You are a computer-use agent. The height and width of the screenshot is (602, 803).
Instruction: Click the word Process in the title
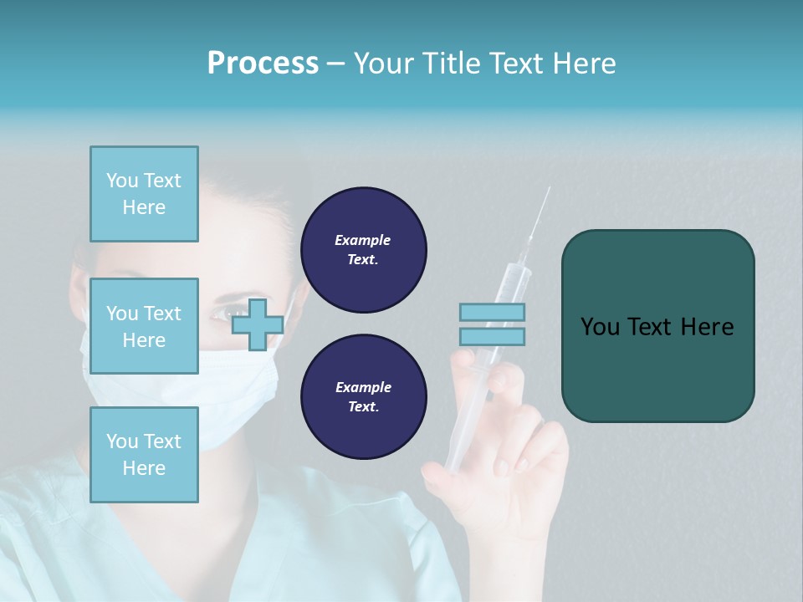point(263,64)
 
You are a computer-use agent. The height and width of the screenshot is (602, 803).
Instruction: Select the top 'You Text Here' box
point(144,194)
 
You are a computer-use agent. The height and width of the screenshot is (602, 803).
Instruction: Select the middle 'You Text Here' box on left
point(144,326)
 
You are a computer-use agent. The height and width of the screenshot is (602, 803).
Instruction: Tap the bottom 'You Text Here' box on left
point(144,454)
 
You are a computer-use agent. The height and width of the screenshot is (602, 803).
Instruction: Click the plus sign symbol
point(257,324)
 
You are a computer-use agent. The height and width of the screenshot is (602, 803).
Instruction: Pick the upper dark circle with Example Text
point(363,250)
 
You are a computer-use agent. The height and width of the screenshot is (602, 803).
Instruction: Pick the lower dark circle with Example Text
point(363,397)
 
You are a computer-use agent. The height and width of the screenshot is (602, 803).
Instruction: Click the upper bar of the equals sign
point(492,312)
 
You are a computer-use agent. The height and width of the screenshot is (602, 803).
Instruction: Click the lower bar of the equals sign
point(492,337)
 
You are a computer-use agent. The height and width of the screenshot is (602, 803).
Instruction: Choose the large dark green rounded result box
point(657,326)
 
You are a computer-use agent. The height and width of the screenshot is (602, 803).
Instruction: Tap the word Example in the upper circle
point(363,240)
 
